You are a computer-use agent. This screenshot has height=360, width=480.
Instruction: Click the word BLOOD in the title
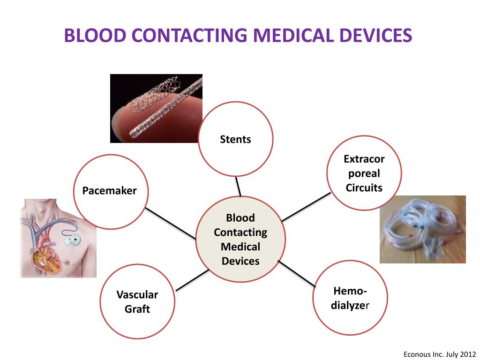pyautogui.click(x=92, y=36)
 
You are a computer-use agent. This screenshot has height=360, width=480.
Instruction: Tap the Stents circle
pyautogui.click(x=235, y=139)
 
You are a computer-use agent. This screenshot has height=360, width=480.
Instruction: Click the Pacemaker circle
pyautogui.click(x=110, y=191)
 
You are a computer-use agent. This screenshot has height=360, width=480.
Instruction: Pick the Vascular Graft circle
pyautogui.click(x=137, y=301)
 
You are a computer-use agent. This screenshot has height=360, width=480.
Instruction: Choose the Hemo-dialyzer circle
pyautogui.click(x=350, y=298)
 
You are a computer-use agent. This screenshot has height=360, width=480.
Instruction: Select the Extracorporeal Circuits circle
pyautogui.click(x=364, y=173)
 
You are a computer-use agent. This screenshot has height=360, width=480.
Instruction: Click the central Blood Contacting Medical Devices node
pyautogui.click(x=240, y=239)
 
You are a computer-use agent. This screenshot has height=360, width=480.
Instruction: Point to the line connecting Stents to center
pyautogui.click(x=238, y=187)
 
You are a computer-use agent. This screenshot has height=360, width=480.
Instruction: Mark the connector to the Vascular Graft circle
pyautogui.click(x=191, y=279)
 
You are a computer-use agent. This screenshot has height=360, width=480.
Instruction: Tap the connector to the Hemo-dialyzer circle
pyautogui.click(x=296, y=273)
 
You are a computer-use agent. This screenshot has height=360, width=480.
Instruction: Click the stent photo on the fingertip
pyautogui.click(x=156, y=108)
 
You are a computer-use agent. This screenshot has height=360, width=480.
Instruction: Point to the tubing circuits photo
pyautogui.click(x=422, y=229)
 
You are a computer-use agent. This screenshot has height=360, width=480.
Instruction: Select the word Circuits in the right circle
pyautogui.click(x=364, y=188)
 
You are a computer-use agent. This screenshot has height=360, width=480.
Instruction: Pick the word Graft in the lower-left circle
pyautogui.click(x=137, y=309)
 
